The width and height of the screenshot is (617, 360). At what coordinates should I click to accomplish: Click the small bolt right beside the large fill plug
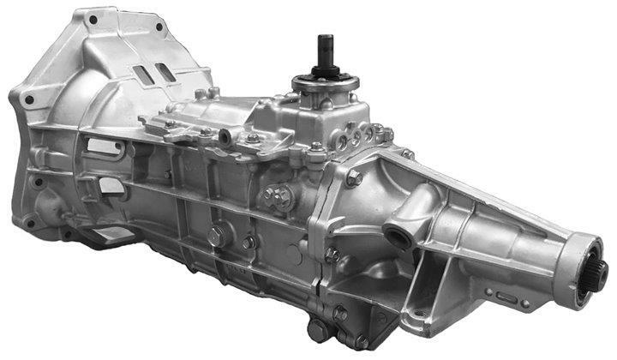(x=248, y=243)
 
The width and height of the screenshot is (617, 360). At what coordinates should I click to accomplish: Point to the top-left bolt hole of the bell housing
(x=86, y=15)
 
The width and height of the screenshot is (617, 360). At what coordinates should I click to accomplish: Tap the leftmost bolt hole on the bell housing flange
(x=29, y=99)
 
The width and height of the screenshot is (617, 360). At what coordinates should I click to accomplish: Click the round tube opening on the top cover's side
(x=225, y=136)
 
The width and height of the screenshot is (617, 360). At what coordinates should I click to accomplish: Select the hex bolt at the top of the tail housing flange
(x=353, y=178)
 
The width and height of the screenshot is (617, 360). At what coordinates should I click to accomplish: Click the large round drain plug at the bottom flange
(x=319, y=330)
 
